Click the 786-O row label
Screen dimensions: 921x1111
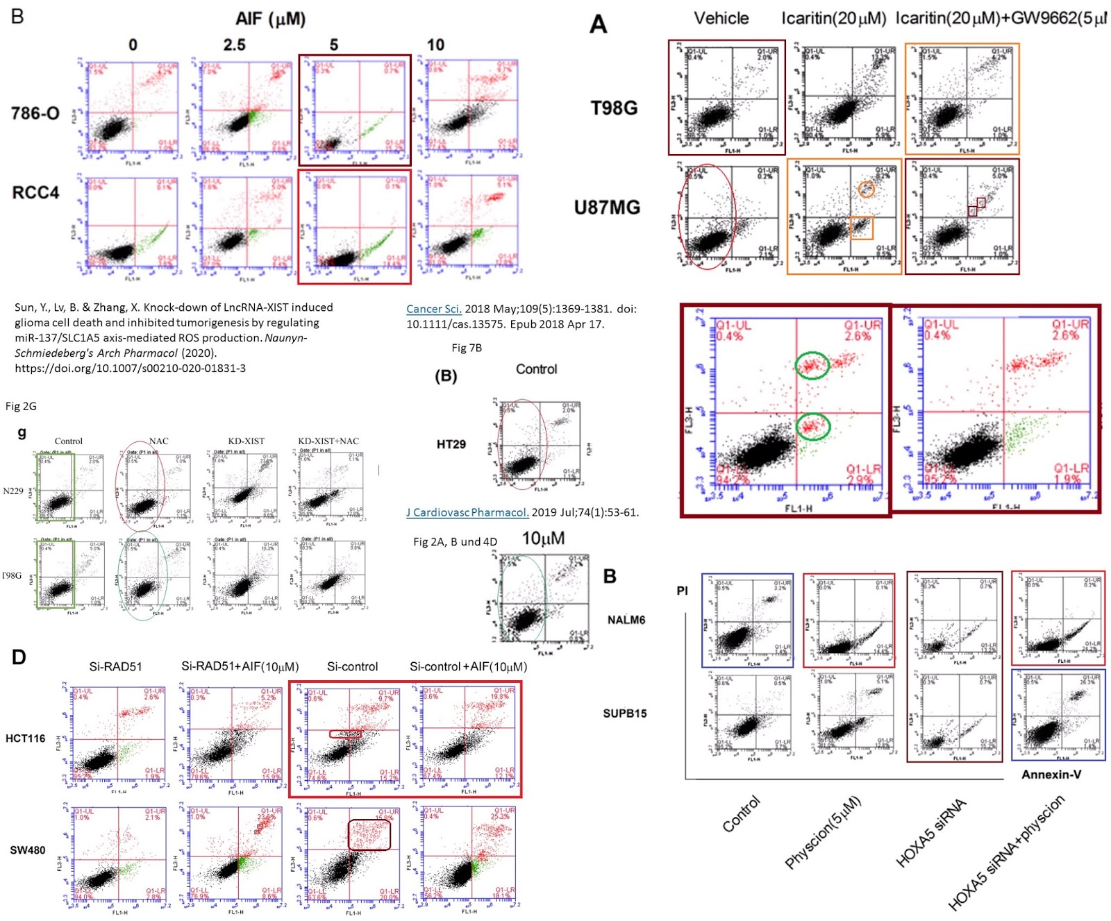tap(35, 113)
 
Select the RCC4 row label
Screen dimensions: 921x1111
tap(35, 192)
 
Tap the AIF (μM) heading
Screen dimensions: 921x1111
tap(270, 19)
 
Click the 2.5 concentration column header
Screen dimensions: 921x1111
tap(234, 45)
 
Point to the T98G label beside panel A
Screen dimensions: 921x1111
tap(614, 108)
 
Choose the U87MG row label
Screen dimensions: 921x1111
tap(607, 207)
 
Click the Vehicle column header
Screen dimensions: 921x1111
tap(721, 18)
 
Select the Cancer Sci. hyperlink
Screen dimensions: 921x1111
tap(434, 309)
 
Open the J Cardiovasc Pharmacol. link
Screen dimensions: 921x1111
tap(467, 512)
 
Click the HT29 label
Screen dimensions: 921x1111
tap(451, 444)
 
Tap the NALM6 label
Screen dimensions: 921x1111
tap(626, 620)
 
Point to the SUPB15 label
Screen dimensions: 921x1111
tap(624, 713)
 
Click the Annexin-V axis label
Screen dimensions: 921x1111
tap(1051, 774)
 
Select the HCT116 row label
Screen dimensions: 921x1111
tap(25, 738)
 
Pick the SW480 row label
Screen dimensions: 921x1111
tap(27, 850)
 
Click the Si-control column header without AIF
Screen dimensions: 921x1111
tap(352, 666)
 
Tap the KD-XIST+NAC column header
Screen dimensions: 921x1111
tap(328, 441)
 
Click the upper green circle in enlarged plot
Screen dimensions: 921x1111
tap(812, 365)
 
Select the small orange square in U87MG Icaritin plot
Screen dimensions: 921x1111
tap(862, 228)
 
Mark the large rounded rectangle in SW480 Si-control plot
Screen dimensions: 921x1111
tap(369, 835)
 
